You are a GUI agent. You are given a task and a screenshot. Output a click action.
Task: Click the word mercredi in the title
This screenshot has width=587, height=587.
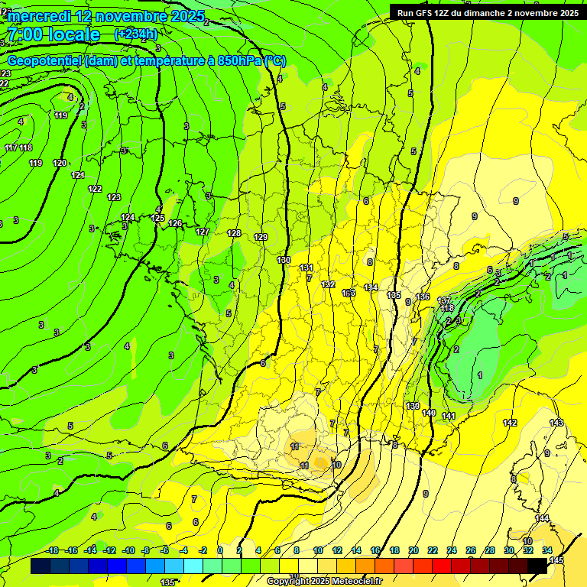42,16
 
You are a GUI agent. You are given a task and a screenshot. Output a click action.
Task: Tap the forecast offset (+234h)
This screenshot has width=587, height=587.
135,34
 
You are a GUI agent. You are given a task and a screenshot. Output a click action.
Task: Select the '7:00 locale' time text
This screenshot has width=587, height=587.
54,34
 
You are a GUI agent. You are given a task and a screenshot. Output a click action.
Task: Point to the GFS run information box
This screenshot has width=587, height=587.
487,12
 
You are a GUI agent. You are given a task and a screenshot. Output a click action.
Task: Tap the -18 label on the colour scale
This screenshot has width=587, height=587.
53,550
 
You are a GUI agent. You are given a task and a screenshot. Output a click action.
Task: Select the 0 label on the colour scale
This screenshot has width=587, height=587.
220,550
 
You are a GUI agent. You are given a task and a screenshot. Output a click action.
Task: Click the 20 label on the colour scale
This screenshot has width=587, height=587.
413,550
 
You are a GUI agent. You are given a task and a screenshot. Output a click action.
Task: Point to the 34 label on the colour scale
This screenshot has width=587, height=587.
547,550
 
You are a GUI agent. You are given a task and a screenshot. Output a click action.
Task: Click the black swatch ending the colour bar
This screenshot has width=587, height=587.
537,566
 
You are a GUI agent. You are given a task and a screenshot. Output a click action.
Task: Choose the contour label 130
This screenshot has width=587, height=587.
284,261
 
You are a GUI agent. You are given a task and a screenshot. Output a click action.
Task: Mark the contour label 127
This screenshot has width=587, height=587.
203,232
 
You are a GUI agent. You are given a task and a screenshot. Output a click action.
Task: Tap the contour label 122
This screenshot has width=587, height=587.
95,189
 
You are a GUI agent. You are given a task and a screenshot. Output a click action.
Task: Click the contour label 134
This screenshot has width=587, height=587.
371,287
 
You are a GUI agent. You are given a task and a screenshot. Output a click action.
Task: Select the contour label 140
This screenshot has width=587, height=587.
429,413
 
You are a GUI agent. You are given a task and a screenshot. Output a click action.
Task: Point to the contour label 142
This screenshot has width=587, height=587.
510,423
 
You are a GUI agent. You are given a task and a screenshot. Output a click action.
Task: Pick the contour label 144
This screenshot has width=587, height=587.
542,518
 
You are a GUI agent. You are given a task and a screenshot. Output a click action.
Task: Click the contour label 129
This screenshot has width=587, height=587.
261,237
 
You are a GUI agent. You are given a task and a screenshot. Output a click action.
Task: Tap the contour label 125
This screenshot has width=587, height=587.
157,218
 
